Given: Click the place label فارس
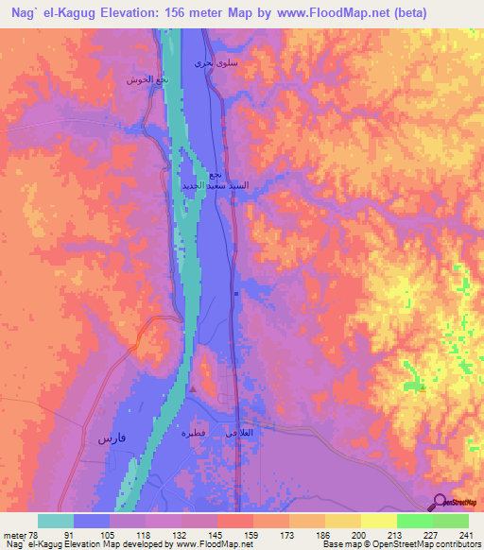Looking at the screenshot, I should (109, 439).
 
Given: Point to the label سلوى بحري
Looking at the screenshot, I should (210, 62).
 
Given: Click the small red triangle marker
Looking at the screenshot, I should (192, 388).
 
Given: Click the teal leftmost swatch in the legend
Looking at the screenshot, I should (56, 521).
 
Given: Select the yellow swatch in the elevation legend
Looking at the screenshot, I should (378, 521).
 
